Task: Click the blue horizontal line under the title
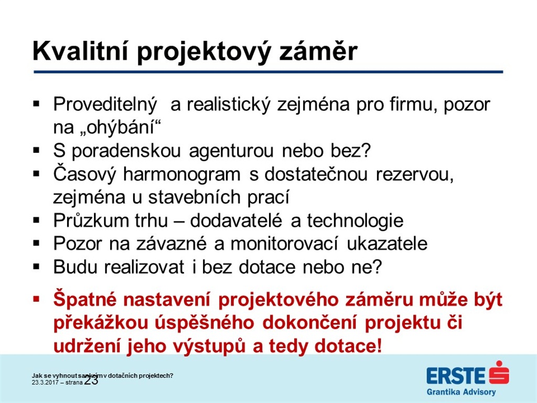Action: pyautogui.click(x=268, y=72)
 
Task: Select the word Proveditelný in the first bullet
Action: pyautogui.click(x=105, y=105)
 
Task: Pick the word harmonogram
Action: pyautogui.click(x=181, y=174)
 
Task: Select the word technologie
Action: pyautogui.click(x=355, y=221)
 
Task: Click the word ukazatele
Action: pyautogui.click(x=387, y=243)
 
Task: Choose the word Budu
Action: pyautogui.click(x=76, y=267)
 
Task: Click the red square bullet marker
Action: pyautogui.click(x=36, y=300)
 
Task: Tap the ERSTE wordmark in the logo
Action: pyautogui.click(x=456, y=375)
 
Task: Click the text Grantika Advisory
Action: pyautogui.click(x=461, y=391)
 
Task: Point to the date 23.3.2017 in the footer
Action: pyautogui.click(x=45, y=383)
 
